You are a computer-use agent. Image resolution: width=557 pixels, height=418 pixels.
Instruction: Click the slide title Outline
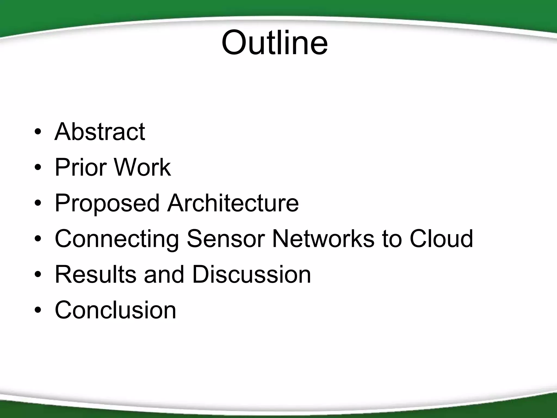[274, 43]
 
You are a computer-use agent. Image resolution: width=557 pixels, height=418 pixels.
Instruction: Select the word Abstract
[100, 132]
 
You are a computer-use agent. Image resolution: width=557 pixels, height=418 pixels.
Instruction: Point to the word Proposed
[107, 204]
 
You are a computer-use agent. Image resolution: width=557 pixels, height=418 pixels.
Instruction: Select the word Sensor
[225, 239]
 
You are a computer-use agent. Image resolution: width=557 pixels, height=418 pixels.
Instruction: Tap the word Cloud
[441, 239]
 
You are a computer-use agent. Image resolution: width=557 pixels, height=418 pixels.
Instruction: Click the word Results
[95, 274]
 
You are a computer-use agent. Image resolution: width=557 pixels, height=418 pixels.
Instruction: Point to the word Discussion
[251, 274]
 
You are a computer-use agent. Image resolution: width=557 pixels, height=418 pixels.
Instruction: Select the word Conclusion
[115, 310]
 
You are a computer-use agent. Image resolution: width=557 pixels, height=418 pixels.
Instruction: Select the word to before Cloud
[392, 239]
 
